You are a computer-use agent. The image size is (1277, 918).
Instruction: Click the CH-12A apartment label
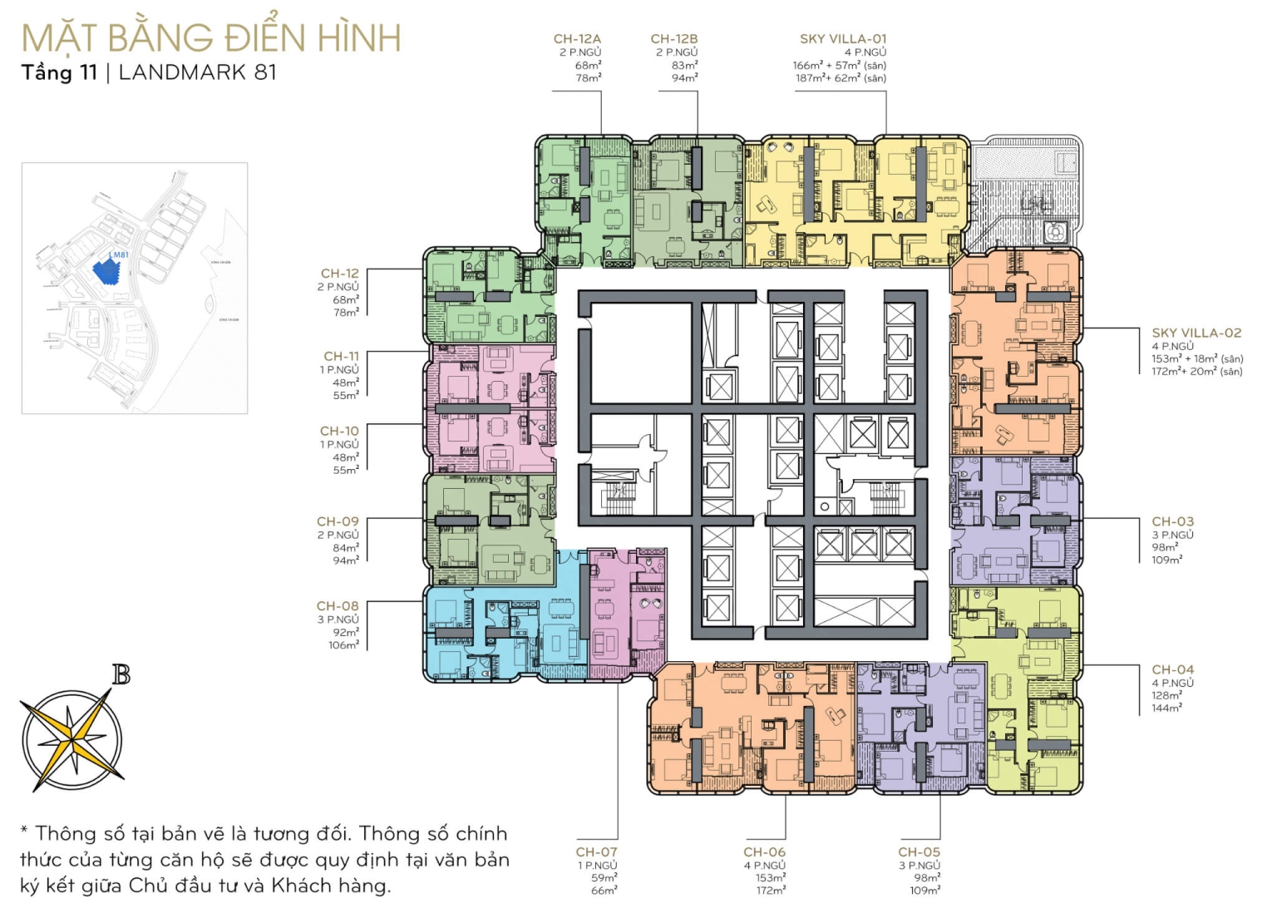[x=577, y=38]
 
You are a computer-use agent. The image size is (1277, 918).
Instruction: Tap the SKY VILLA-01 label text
[x=843, y=38]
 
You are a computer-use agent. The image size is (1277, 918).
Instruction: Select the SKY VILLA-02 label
[x=1196, y=333]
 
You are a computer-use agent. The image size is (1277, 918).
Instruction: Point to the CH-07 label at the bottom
[x=596, y=851]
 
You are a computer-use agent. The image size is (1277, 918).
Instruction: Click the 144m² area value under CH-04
[x=1166, y=708]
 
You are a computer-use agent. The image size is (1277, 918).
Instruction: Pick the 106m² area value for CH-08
[x=343, y=644]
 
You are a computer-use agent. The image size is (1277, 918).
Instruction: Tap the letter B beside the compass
[x=121, y=675]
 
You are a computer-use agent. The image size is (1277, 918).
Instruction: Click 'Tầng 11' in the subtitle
[x=58, y=72]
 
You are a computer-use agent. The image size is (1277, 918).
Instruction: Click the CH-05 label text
[x=919, y=851]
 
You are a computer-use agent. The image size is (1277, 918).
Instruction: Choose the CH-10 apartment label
[x=339, y=431]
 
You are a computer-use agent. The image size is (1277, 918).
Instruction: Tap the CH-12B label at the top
[x=673, y=38]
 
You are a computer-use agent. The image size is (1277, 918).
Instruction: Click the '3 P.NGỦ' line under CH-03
[x=1172, y=535]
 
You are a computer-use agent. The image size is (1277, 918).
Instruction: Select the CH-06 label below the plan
[x=764, y=851]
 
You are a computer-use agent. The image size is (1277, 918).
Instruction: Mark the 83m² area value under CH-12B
[x=685, y=65]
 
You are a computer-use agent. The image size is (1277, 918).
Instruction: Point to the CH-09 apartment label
[x=338, y=521]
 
